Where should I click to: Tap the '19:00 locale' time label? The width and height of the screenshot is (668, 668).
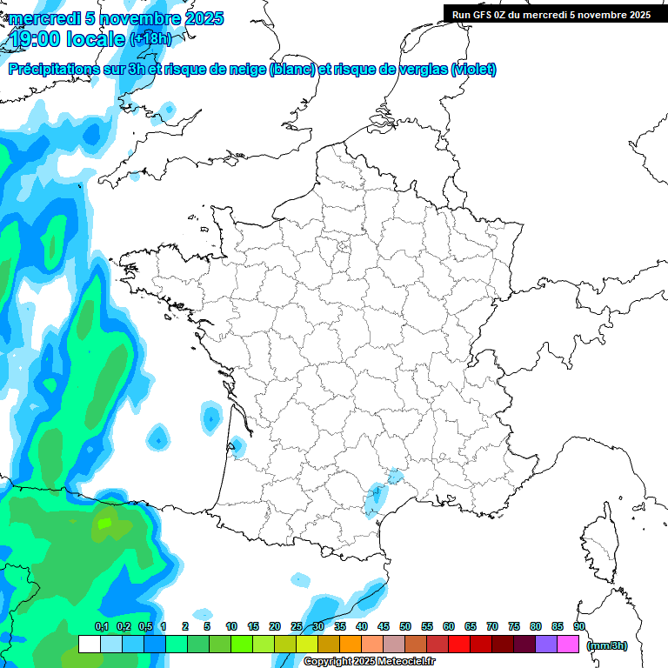point(68,39)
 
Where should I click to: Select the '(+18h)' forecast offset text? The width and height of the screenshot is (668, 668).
point(150,39)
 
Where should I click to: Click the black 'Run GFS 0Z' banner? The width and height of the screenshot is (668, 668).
point(551,14)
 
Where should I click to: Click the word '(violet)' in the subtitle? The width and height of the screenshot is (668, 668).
point(473,70)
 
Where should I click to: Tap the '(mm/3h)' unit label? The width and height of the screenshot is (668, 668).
point(607,645)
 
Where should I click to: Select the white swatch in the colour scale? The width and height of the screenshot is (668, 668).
point(89,645)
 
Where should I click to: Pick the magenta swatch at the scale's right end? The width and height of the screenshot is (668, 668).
point(568,645)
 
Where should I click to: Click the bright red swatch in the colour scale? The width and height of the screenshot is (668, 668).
point(459,645)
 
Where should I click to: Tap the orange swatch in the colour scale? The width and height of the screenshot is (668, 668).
point(351,645)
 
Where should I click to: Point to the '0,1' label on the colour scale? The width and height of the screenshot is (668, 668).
point(101,626)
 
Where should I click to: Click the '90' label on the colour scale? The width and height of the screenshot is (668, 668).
point(579,626)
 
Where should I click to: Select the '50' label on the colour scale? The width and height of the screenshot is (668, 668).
point(405,626)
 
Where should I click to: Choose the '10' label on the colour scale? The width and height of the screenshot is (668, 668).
point(231,626)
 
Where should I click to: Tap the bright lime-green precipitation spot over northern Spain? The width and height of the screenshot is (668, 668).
point(104,523)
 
